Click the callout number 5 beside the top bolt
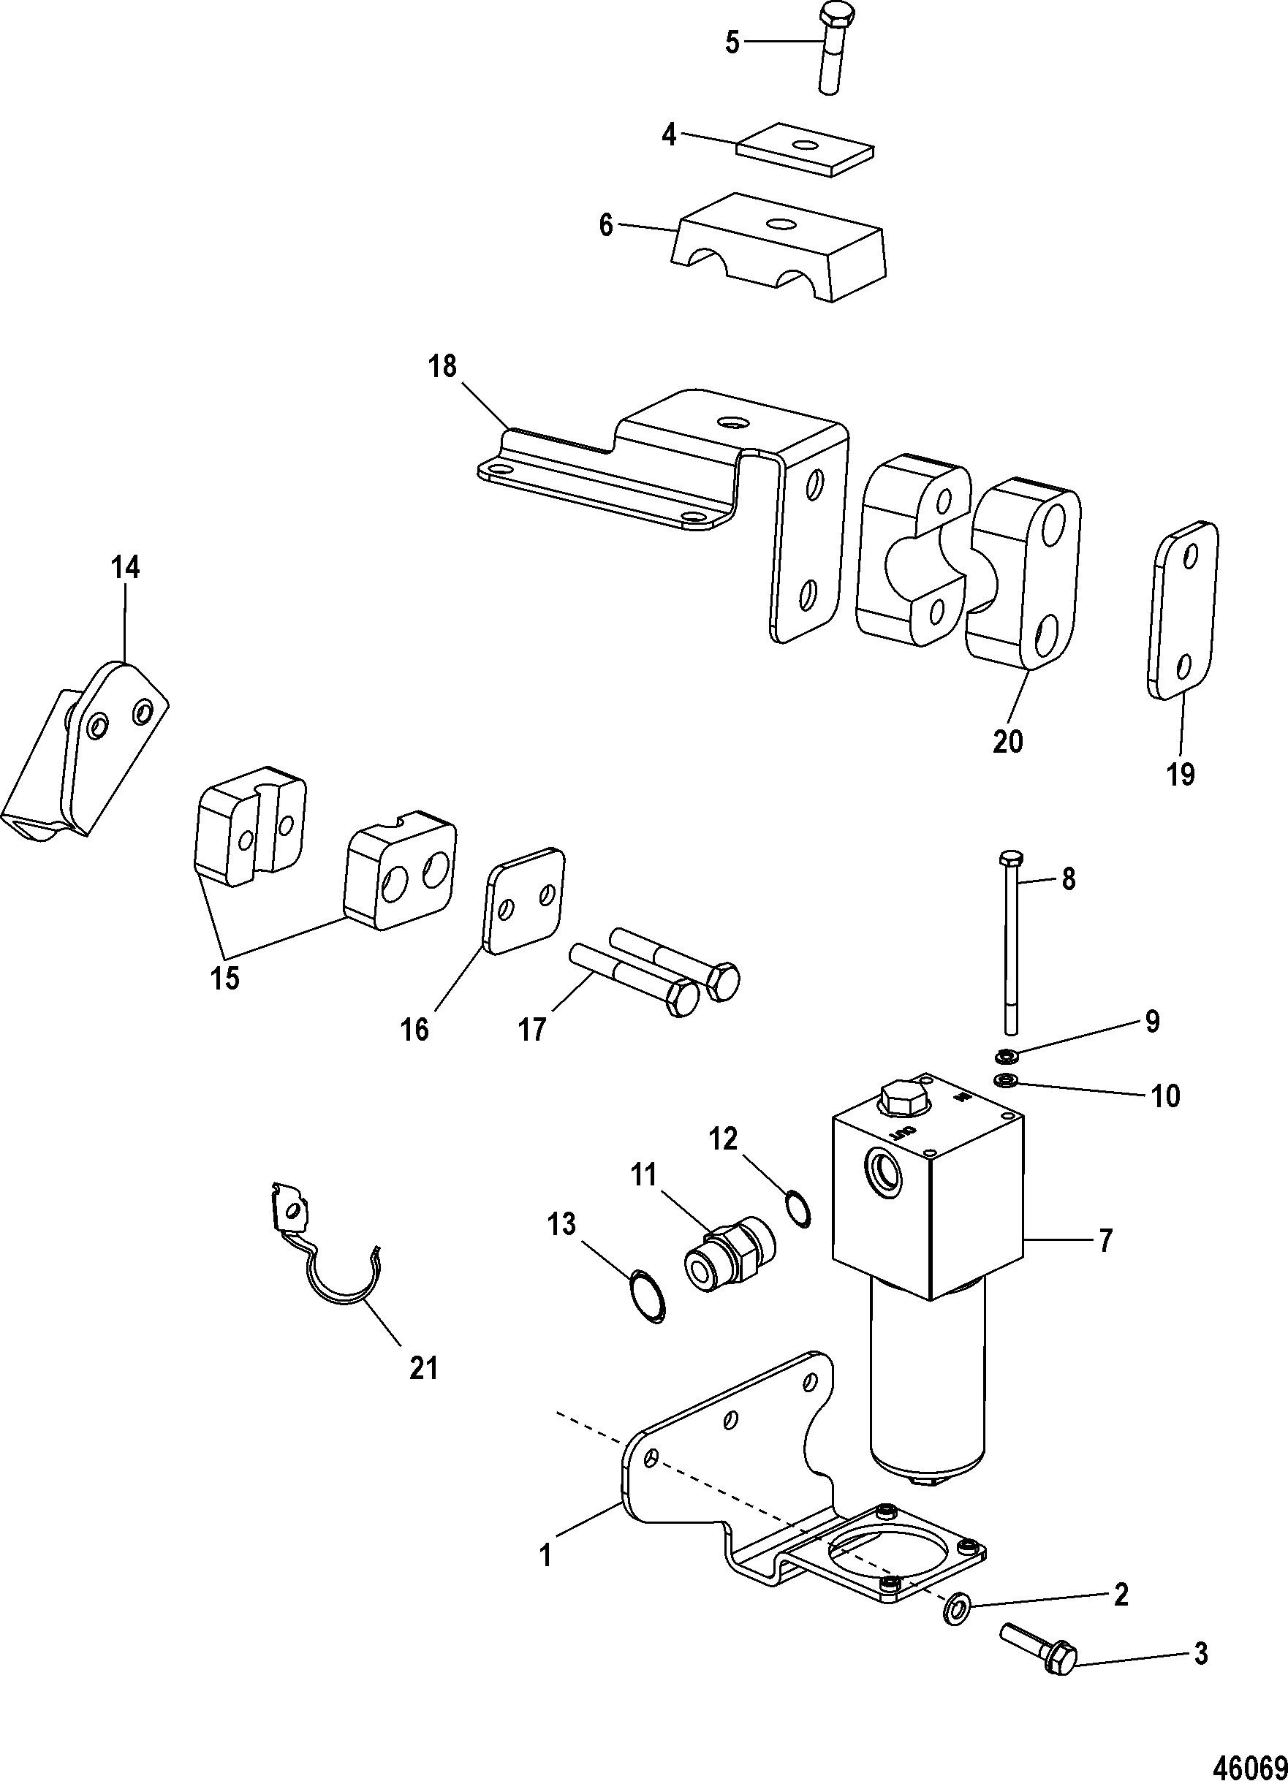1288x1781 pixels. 731,42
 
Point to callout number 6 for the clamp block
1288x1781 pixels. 605,225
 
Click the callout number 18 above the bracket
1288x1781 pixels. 443,366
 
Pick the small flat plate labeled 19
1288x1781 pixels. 1184,610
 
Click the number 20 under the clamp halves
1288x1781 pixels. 1009,740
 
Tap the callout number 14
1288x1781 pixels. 126,567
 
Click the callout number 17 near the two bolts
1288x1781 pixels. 531,1029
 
